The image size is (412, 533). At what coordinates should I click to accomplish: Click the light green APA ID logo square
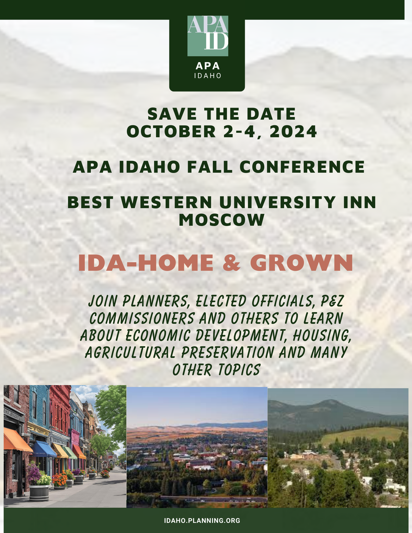tap(208, 36)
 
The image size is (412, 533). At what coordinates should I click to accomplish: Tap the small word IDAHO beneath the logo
tap(208, 76)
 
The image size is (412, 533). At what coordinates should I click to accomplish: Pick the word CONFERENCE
tap(302, 167)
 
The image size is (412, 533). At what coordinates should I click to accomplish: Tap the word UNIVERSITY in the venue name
tap(277, 202)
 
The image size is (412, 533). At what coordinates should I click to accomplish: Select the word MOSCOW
tap(221, 220)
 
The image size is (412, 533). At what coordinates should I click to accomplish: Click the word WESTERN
tap(166, 202)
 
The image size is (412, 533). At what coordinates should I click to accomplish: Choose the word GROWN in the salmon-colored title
tap(301, 263)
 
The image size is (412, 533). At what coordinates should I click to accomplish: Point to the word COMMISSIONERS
tap(142, 318)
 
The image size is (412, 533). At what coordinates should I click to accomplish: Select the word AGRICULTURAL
tap(130, 353)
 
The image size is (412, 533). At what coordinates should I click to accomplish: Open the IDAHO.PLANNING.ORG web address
tap(202, 521)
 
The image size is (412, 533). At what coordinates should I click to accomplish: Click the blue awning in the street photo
tap(44, 449)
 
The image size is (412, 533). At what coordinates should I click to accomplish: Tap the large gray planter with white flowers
tap(39, 492)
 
